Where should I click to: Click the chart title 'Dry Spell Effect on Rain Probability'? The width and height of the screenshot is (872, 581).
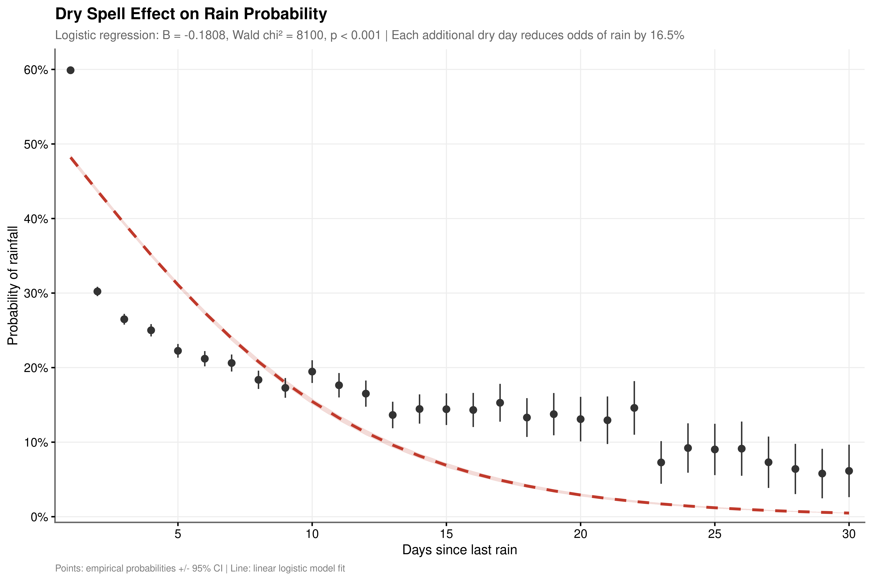click(x=191, y=14)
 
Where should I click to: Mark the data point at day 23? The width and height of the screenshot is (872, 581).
click(x=661, y=462)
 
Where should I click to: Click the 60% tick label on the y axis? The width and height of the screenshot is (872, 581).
click(x=36, y=70)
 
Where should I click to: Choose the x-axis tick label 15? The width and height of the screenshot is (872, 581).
click(x=446, y=534)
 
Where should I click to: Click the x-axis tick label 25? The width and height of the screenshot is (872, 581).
click(x=715, y=534)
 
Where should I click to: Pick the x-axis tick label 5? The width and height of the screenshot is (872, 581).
click(x=178, y=534)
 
